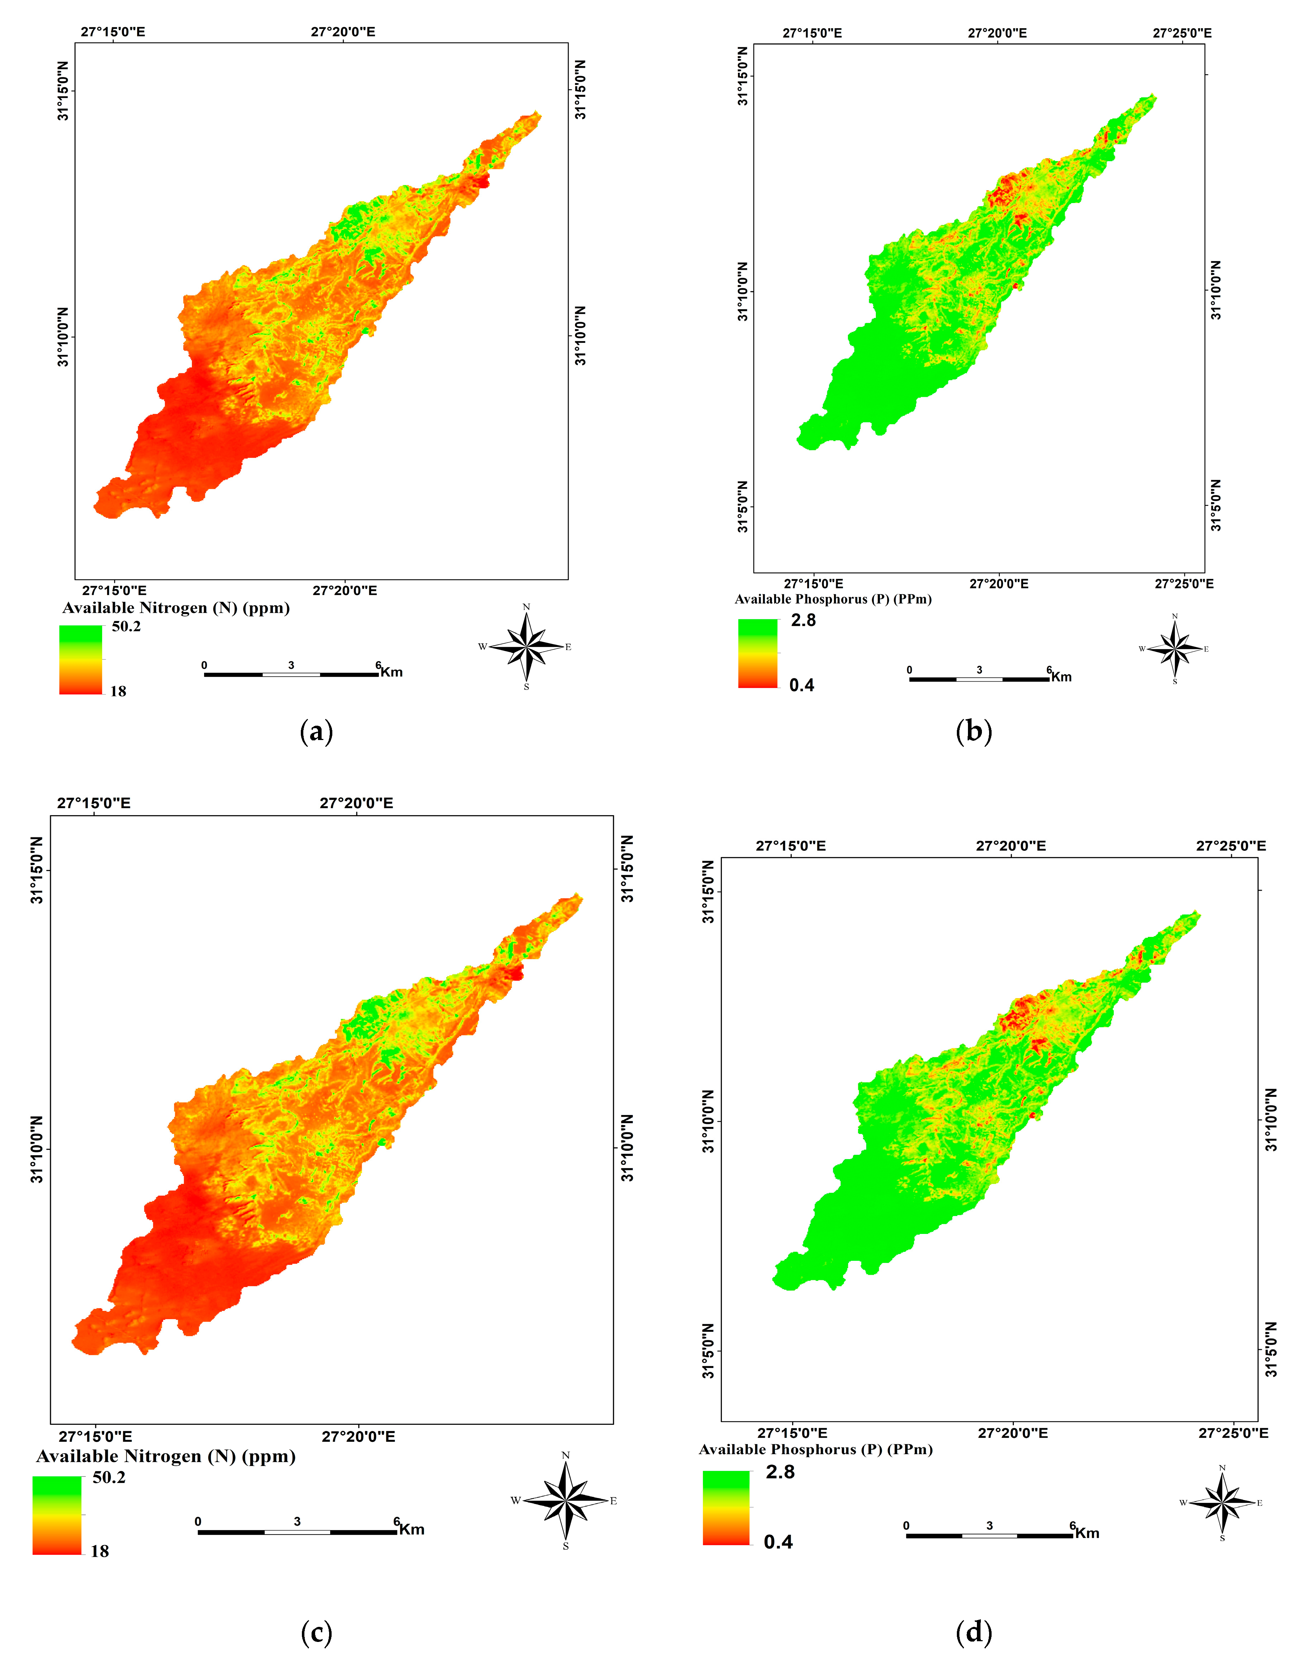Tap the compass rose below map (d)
point(1222,1503)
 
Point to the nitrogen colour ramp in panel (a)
point(80,659)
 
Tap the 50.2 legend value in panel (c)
point(109,1478)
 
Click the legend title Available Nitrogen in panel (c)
point(165,1456)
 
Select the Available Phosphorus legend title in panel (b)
point(833,599)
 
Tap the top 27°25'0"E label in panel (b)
point(1182,33)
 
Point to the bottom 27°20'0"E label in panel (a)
point(344,590)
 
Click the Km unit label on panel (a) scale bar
point(391,672)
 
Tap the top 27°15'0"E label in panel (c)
point(93,803)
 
